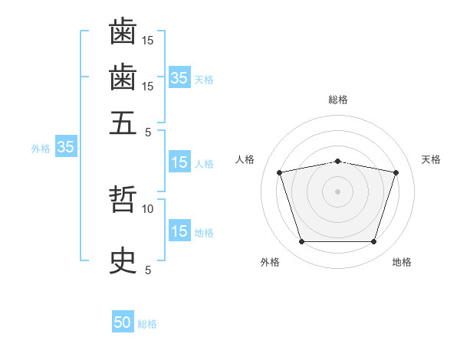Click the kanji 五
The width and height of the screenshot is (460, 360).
pyautogui.click(x=123, y=122)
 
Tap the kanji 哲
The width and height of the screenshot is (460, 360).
pyautogui.click(x=123, y=201)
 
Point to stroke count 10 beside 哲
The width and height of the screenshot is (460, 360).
pyautogui.click(x=148, y=208)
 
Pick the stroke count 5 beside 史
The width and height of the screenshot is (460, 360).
pyautogui.click(x=148, y=270)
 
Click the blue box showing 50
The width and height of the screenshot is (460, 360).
pyautogui.click(x=123, y=322)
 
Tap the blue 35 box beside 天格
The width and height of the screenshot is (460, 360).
pyautogui.click(x=179, y=77)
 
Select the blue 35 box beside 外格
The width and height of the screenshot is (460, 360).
pyautogui.click(x=65, y=147)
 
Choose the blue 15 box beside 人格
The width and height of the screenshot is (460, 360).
pyautogui.click(x=179, y=162)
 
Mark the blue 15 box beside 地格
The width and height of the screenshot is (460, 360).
pyautogui.click(x=179, y=231)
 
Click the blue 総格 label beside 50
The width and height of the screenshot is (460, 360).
pyautogui.click(x=147, y=324)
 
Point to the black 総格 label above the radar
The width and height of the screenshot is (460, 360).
pyautogui.click(x=337, y=100)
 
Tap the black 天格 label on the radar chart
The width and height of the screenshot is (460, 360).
pyautogui.click(x=431, y=159)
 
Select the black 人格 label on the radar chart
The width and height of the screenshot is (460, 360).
pyautogui.click(x=245, y=159)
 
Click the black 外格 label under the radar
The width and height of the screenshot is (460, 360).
pyautogui.click(x=270, y=262)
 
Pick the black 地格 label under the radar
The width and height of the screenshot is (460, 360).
pyautogui.click(x=402, y=262)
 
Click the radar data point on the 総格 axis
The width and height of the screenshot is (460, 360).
pyautogui.click(x=337, y=161)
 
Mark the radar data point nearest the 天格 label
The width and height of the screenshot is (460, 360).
pyautogui.click(x=396, y=172)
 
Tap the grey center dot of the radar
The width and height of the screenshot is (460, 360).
pyautogui.click(x=337, y=191)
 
